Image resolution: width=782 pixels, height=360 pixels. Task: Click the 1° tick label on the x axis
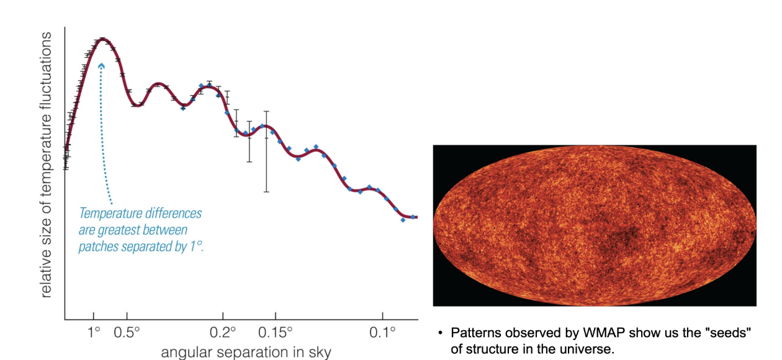(93, 333)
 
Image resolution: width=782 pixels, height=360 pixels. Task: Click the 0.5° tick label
(127, 333)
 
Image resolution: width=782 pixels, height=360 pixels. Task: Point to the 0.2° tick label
(224, 333)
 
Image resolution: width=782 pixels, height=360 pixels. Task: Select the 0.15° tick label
(275, 333)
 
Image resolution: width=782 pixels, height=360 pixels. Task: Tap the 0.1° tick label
(383, 333)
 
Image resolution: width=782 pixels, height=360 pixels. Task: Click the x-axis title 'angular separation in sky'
(246, 353)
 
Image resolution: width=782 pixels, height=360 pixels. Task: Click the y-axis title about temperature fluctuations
(47, 164)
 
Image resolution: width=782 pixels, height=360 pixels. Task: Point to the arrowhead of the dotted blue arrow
(101, 64)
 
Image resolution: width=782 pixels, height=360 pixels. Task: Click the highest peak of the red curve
(103, 39)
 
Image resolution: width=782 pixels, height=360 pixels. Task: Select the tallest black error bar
(267, 151)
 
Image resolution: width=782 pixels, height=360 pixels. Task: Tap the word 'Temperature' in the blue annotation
(107, 214)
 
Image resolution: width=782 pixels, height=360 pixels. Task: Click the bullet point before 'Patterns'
(440, 334)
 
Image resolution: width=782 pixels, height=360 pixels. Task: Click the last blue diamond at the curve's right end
(403, 220)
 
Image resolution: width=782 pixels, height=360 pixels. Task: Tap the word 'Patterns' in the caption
(473, 333)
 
